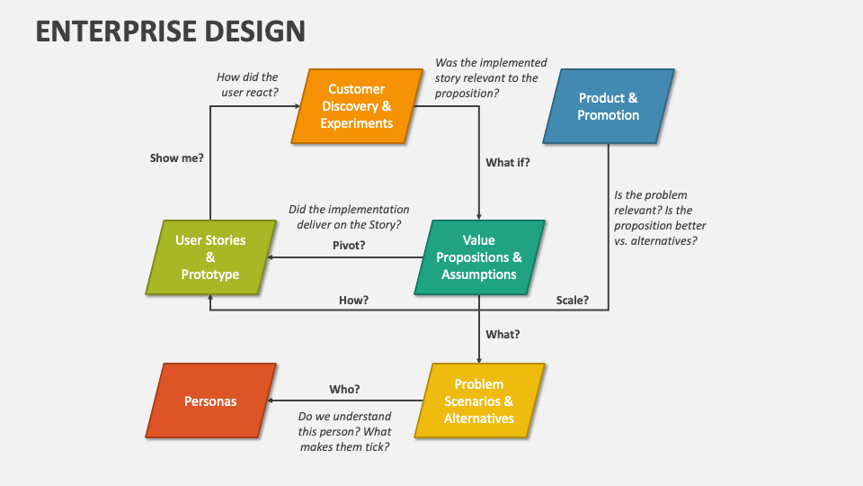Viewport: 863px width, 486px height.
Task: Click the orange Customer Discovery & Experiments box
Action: [356, 106]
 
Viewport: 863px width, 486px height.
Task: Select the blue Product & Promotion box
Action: [608, 106]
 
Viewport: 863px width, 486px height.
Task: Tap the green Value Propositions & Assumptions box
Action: [479, 257]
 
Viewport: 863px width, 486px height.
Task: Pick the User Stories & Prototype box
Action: [210, 257]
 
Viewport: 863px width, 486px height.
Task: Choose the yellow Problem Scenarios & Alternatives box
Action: [479, 400]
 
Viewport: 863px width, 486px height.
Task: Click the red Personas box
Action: [210, 400]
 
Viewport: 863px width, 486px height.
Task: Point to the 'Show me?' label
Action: [176, 157]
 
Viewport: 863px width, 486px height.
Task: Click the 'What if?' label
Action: [508, 163]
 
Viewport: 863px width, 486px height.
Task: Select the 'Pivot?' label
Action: [349, 245]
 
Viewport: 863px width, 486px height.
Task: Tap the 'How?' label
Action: [353, 300]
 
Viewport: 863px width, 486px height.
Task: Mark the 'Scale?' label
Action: [572, 300]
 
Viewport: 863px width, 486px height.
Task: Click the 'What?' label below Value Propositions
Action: [503, 334]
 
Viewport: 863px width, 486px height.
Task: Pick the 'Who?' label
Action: [344, 389]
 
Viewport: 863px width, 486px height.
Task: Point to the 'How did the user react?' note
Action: [248, 85]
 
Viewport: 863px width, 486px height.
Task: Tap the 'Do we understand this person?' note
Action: [344, 431]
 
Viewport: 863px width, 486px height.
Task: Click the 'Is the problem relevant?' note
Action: [660, 218]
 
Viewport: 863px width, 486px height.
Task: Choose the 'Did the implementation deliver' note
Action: [349, 217]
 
